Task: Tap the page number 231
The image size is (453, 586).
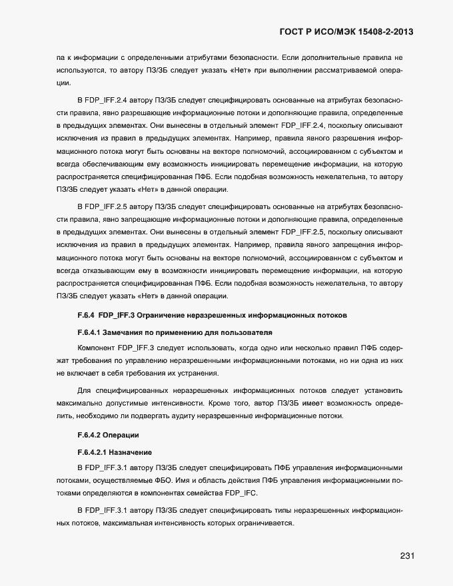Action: click(408, 556)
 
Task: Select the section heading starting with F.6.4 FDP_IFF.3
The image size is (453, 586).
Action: click(211, 314)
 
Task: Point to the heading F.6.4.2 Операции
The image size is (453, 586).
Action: click(107, 435)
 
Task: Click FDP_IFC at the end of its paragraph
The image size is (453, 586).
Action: click(240, 492)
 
